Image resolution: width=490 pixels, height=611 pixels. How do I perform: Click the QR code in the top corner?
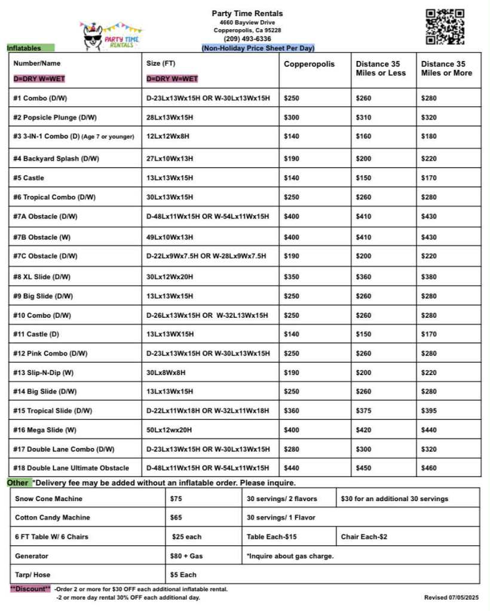(445, 26)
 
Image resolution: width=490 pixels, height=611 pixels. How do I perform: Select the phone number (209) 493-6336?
(247, 39)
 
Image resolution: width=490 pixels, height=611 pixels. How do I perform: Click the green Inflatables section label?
(30, 48)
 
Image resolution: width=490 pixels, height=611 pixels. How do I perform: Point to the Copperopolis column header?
(309, 64)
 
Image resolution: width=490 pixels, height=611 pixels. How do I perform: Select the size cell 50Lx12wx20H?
(170, 430)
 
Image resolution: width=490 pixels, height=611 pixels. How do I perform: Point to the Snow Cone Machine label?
(49, 499)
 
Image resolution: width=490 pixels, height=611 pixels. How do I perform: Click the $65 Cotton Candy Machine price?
(176, 518)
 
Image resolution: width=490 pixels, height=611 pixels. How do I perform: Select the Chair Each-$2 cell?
(364, 537)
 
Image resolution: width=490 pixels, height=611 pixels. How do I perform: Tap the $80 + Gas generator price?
(186, 556)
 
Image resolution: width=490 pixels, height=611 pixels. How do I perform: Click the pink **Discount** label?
(30, 589)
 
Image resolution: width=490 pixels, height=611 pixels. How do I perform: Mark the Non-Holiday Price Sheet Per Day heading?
(258, 48)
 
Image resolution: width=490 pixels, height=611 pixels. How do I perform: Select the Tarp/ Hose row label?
(33, 575)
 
